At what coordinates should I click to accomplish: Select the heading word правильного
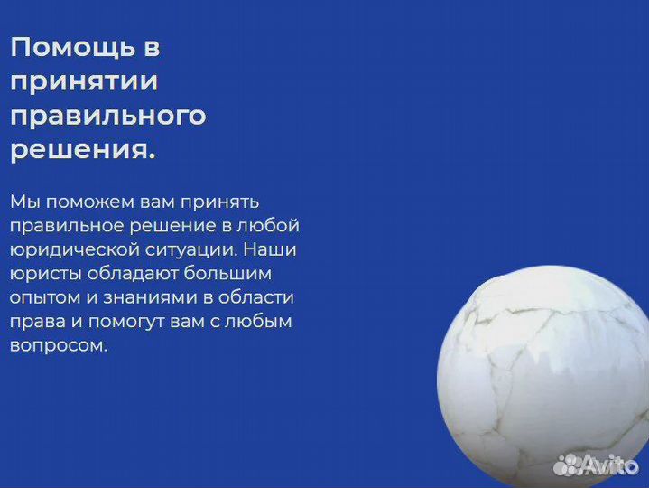click(x=108, y=117)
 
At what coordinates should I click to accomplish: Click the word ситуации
click(x=188, y=249)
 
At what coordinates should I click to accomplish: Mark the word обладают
click(x=131, y=273)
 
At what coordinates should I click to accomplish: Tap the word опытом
click(x=45, y=297)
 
